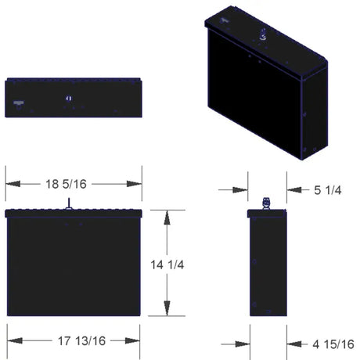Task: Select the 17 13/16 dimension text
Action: coord(73,340)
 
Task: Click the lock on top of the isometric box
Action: coord(263,35)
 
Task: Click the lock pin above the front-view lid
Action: coord(70,203)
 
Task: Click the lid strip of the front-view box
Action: coord(73,213)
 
